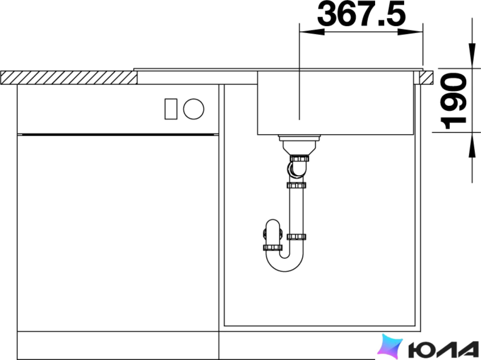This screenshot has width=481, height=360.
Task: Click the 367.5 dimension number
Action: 361,14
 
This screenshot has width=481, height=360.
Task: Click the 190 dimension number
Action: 453,101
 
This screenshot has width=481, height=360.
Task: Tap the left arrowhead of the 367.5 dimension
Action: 312,32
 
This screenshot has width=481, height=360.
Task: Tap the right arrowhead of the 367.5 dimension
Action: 411,32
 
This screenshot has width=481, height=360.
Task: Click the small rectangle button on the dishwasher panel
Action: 171,109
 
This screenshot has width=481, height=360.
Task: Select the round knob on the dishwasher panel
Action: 194,109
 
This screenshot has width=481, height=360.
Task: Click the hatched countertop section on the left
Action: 69,78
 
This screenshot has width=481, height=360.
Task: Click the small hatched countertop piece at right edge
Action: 427,77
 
